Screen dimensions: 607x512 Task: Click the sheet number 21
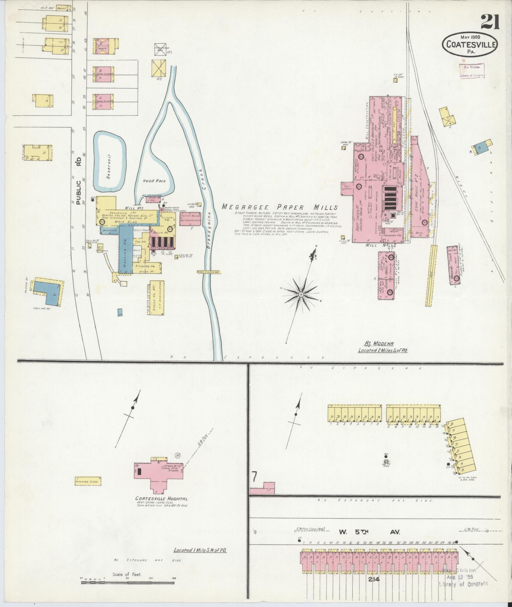coord(490,23)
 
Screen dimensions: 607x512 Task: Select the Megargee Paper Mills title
coord(279,207)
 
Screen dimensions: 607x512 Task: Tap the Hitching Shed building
coord(88,481)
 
